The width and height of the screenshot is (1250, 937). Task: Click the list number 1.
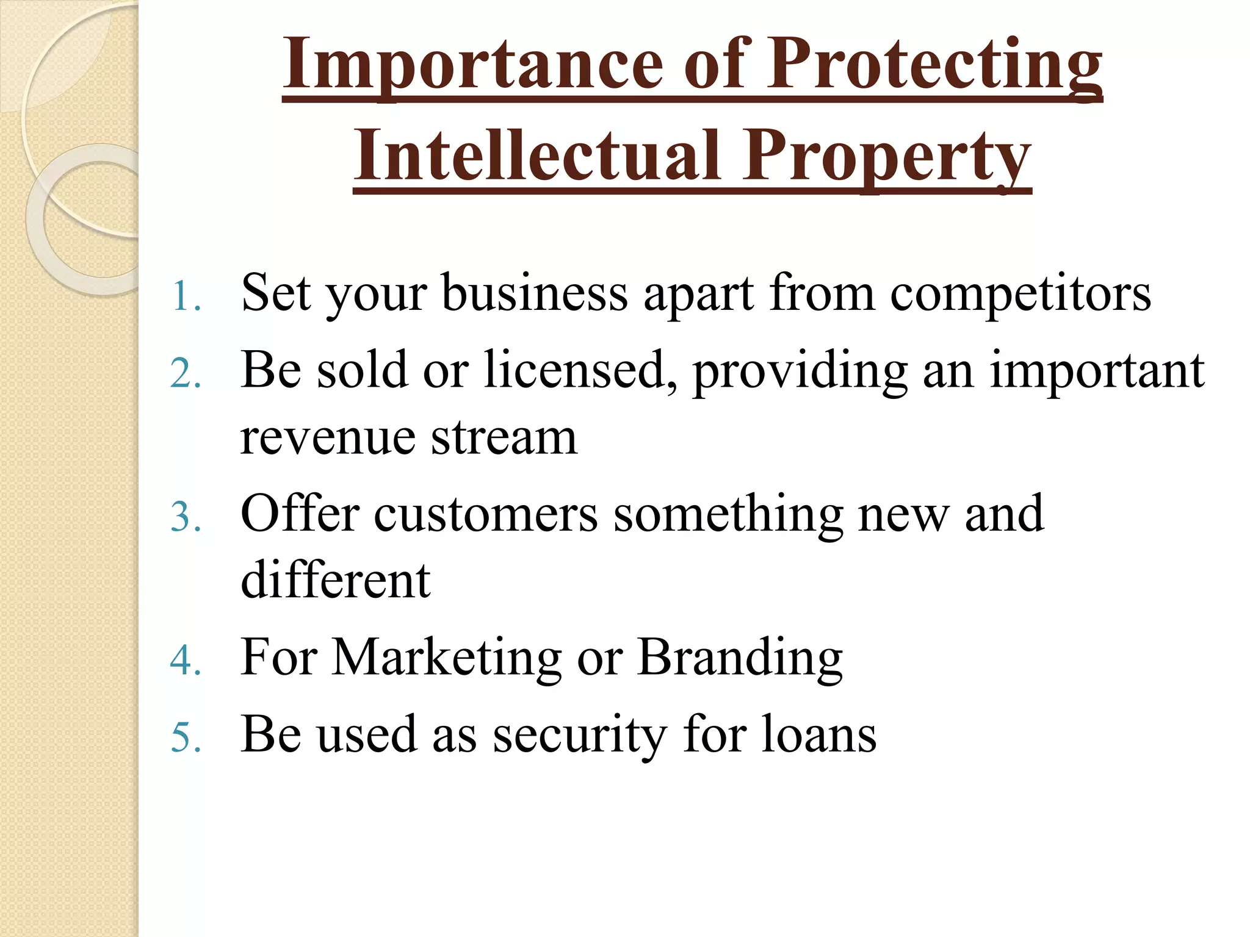pos(185,296)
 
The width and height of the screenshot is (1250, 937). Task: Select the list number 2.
pos(185,373)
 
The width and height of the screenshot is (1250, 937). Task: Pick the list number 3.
pos(185,517)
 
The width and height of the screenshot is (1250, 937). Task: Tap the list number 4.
pos(185,661)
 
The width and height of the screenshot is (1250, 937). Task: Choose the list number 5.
pos(185,738)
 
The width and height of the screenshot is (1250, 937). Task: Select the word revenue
pos(327,438)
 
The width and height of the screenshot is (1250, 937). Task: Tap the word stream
pos(504,438)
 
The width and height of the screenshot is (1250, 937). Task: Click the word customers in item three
pos(485,515)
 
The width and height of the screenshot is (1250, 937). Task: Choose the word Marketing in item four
pos(446,658)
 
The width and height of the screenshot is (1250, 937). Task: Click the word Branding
pos(740,658)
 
